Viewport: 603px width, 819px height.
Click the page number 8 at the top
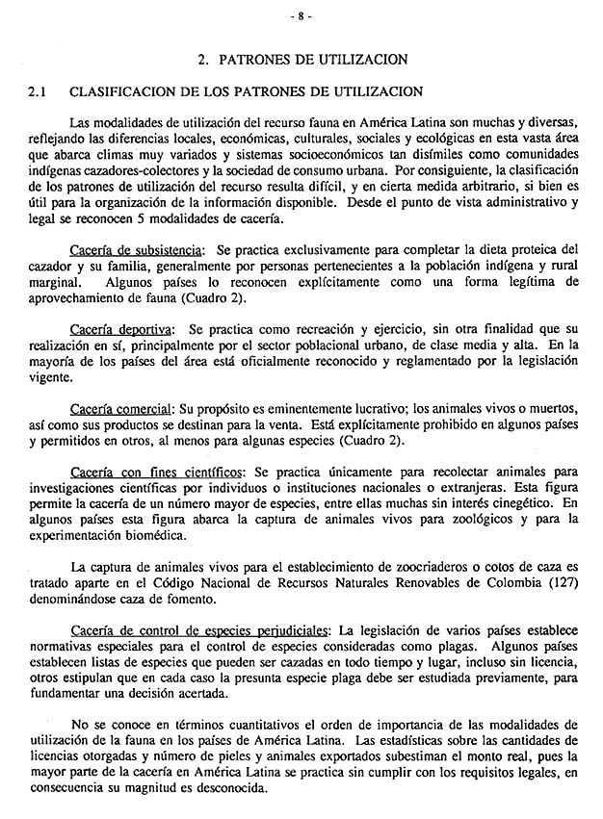301,16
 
